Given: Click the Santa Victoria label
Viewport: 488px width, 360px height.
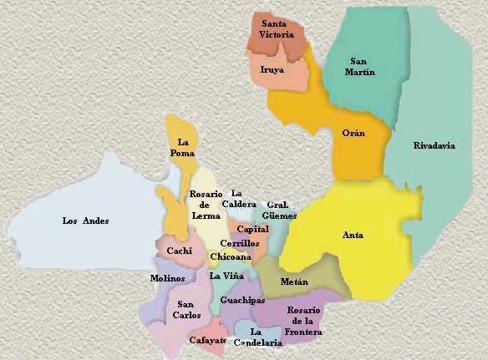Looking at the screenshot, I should (x=277, y=30).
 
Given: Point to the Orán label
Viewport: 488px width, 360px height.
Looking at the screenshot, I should (x=353, y=133).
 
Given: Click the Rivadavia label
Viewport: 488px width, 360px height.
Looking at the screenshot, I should (x=435, y=145).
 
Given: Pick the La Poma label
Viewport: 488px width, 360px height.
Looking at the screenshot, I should (x=183, y=147).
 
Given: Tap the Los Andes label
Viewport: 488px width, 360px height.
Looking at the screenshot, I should (x=86, y=221).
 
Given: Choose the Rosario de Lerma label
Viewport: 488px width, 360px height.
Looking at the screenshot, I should (x=205, y=205).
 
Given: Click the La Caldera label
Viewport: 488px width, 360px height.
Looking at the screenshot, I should (x=238, y=199).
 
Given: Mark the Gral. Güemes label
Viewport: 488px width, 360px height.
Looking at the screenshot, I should (x=280, y=210).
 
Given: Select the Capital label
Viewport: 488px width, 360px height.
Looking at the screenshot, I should (x=252, y=229).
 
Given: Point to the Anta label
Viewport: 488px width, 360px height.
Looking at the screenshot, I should (x=353, y=235).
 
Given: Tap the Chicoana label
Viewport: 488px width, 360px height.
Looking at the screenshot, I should (x=226, y=256).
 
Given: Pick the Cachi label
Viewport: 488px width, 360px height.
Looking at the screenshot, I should (x=180, y=251).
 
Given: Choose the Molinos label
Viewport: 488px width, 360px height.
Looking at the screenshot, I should (x=167, y=278).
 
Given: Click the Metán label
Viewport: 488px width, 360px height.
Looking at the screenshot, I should (x=294, y=281).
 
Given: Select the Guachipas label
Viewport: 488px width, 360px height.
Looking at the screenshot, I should (x=242, y=299).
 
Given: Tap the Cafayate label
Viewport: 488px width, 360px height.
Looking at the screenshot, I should (x=208, y=340).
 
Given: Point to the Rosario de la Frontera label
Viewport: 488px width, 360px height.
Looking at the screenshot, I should (x=303, y=321).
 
